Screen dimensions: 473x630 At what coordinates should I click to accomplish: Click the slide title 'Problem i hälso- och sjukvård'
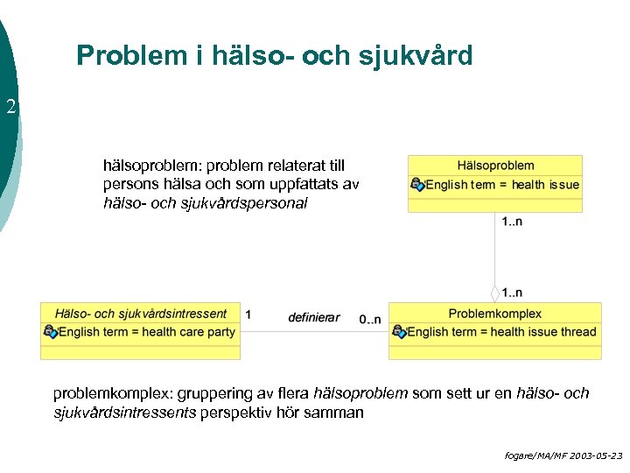(x=274, y=56)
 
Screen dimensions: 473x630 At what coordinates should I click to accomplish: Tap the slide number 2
(x=10, y=108)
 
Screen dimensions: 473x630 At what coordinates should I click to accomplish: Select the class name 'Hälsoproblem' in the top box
(x=495, y=166)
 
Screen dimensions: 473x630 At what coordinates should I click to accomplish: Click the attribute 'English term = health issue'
(x=502, y=185)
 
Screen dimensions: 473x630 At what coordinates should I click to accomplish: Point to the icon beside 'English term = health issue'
(x=417, y=185)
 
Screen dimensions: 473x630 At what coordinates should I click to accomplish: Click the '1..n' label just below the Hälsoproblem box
(x=513, y=222)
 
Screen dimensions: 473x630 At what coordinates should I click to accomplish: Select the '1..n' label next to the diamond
(x=513, y=292)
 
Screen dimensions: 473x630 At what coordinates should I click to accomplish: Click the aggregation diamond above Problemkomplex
(x=495, y=293)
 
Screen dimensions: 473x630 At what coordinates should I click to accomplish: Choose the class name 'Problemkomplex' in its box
(x=494, y=314)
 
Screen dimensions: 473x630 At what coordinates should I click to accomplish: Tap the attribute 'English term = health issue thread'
(x=501, y=332)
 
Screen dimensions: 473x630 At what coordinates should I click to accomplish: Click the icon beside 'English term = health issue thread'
(x=399, y=332)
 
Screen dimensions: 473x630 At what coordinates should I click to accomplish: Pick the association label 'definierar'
(x=313, y=317)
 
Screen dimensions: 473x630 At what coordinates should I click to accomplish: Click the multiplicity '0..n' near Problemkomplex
(x=369, y=319)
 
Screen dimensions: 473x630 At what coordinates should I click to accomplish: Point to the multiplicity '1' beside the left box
(x=248, y=314)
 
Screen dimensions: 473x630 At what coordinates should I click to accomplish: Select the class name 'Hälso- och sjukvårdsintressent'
(x=140, y=314)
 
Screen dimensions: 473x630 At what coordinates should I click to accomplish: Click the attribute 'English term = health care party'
(x=147, y=332)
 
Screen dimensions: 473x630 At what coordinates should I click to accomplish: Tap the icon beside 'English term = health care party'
(x=51, y=332)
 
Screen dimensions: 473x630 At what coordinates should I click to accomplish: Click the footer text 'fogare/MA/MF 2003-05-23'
(x=563, y=456)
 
